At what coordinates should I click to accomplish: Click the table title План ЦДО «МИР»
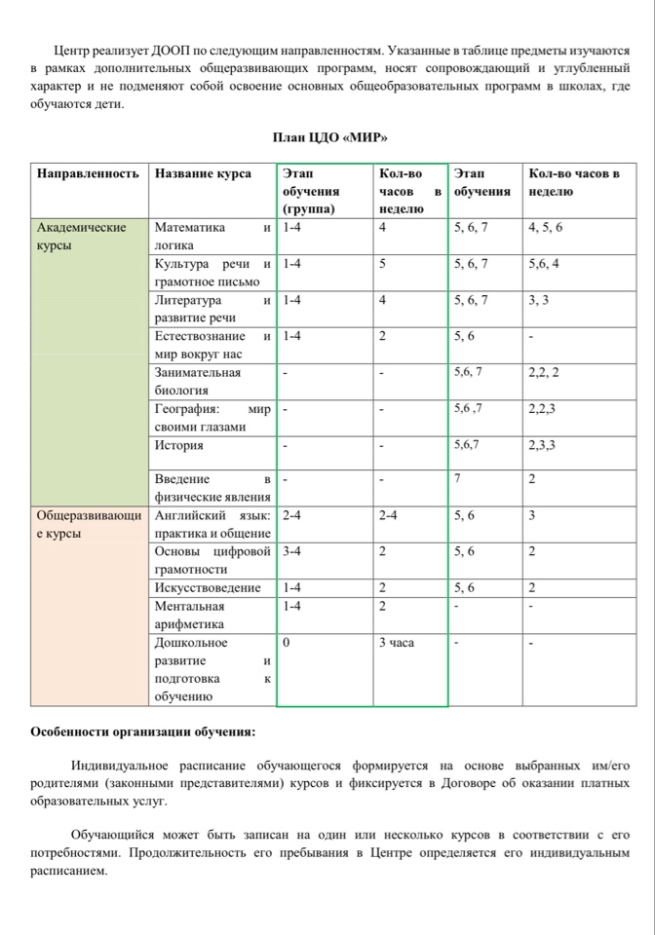pyautogui.click(x=327, y=136)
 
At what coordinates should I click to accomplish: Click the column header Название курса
pyautogui.click(x=203, y=173)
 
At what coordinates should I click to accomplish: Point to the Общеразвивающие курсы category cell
pyautogui.click(x=88, y=523)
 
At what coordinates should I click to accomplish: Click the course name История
pyautogui.click(x=179, y=445)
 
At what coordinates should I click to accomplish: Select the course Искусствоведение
pyautogui.click(x=208, y=587)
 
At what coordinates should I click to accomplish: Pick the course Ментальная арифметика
pyautogui.click(x=190, y=615)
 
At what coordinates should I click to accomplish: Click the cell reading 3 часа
pyautogui.click(x=397, y=643)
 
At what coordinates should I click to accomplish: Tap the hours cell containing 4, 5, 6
pyautogui.click(x=545, y=228)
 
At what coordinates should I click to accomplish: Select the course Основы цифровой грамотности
pyautogui.click(x=212, y=560)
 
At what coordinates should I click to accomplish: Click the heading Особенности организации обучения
pyautogui.click(x=143, y=730)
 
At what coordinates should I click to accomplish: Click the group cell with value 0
pyautogui.click(x=287, y=643)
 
